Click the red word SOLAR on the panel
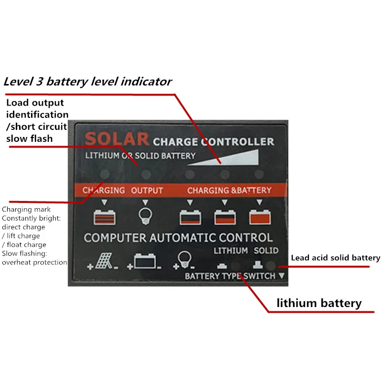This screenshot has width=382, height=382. point(117,140)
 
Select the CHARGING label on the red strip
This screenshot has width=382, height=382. point(104,190)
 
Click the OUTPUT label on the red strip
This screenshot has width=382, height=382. point(147,190)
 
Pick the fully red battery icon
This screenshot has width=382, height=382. point(260,217)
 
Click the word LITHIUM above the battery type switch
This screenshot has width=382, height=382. point(231,250)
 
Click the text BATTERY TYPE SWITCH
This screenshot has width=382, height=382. point(230,276)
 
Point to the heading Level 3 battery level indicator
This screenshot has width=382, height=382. point(87,81)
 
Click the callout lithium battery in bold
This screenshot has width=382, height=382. point(319,303)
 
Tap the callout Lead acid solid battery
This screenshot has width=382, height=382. point(336,258)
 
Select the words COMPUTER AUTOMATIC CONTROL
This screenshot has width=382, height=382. point(179,237)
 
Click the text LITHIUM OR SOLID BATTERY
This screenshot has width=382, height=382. point(140,156)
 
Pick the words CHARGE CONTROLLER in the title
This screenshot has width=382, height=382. point(213,141)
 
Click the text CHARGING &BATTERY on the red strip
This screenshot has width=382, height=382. point(229,190)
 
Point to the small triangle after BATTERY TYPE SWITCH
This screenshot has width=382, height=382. point(281,276)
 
